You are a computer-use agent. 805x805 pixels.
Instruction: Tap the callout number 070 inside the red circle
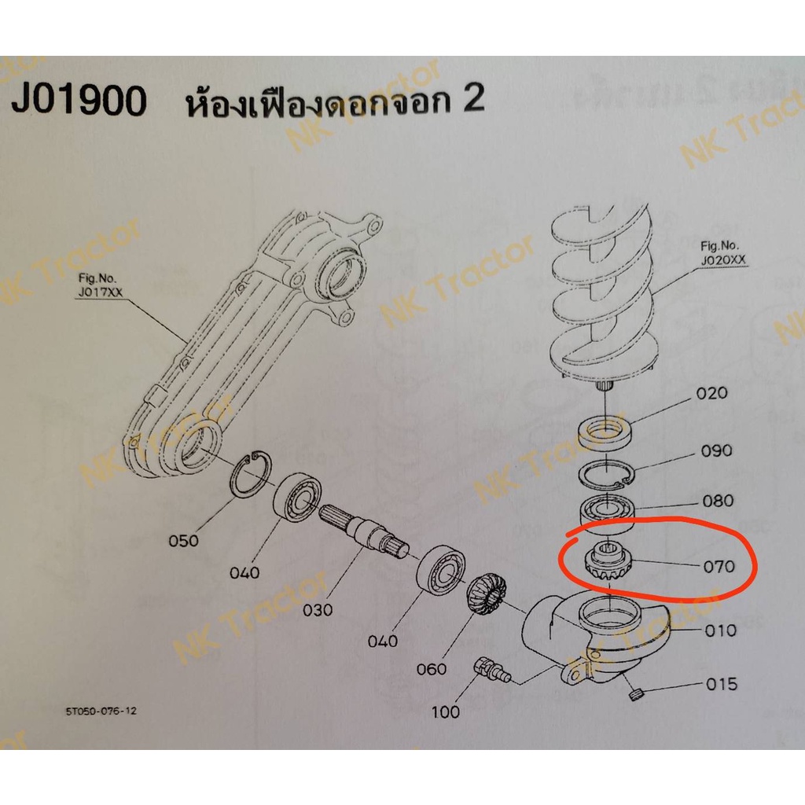click(x=719, y=567)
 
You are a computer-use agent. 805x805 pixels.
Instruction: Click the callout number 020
click(x=711, y=393)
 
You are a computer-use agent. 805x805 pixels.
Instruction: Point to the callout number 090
click(x=716, y=450)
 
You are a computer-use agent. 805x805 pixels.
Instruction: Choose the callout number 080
click(x=718, y=501)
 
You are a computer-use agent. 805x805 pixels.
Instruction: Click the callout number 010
click(x=720, y=630)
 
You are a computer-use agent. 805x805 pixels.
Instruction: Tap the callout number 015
click(x=722, y=684)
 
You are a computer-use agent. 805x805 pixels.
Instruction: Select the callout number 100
click(x=445, y=711)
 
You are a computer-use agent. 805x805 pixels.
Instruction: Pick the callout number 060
click(x=432, y=669)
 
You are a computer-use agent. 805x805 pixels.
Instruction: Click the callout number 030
click(x=318, y=610)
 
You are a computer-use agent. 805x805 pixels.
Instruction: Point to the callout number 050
click(x=183, y=541)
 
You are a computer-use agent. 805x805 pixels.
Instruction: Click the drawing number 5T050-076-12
click(x=101, y=711)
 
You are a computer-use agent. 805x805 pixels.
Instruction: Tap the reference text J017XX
click(x=101, y=292)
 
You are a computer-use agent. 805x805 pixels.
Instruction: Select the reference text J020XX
click(x=723, y=260)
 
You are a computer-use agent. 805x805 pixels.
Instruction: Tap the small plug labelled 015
click(x=635, y=695)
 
